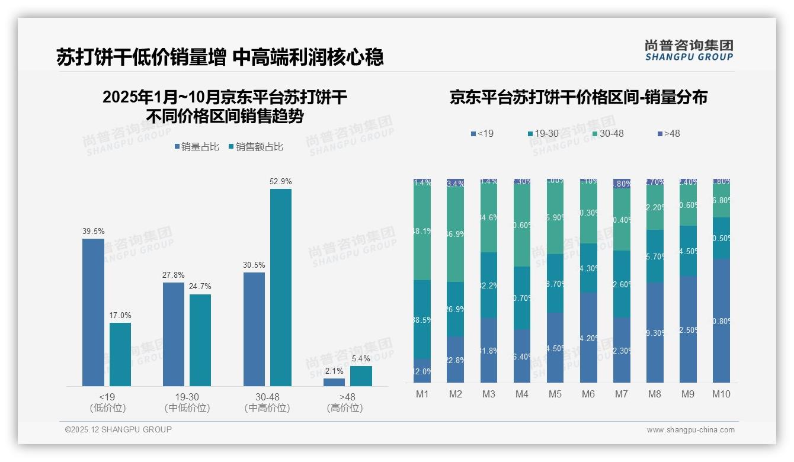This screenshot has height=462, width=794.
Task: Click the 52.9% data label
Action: coord(280,182)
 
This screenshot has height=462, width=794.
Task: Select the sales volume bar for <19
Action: coord(93,312)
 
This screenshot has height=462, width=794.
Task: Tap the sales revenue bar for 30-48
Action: coord(280,287)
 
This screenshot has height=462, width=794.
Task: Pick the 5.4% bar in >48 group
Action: coord(361,376)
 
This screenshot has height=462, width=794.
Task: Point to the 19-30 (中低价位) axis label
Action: coord(187,402)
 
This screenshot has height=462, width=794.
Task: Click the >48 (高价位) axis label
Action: coord(344,402)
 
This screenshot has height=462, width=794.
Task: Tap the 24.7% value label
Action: coord(200,287)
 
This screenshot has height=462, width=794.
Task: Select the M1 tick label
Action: coord(422,394)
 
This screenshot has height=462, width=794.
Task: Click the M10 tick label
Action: coord(721,394)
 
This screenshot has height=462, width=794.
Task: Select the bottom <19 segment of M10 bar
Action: coord(721,320)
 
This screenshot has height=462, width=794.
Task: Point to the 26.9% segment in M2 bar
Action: coord(456,309)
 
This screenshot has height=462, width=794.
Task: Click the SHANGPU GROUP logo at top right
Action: coord(689,50)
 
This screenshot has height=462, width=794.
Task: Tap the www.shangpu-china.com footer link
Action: coord(690,430)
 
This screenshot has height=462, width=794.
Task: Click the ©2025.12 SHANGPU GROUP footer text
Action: coord(119,430)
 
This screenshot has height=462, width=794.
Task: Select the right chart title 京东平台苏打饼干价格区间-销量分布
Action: coord(578,98)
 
